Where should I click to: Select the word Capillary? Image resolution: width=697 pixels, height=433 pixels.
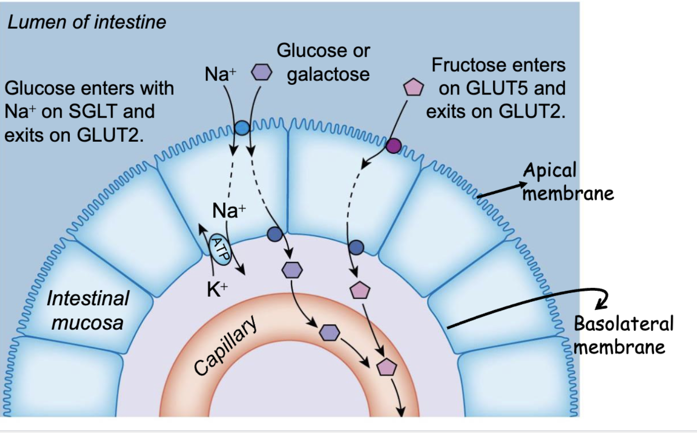click(x=225, y=346)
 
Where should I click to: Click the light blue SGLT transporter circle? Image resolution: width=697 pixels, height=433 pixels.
click(x=242, y=127)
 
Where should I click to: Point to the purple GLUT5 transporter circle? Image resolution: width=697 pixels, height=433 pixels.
click(x=394, y=145)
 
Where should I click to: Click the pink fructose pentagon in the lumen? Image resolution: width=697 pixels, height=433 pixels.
click(x=413, y=88)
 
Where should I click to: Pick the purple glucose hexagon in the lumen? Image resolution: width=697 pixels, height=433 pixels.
click(x=262, y=72)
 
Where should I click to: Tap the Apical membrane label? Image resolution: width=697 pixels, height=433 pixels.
click(x=568, y=182)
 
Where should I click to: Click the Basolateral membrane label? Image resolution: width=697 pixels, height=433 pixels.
click(x=623, y=335)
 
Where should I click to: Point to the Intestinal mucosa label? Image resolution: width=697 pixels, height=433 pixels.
click(x=88, y=311)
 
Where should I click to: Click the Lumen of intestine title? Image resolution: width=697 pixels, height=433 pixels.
click(x=87, y=22)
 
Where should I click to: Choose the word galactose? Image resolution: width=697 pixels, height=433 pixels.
click(x=328, y=74)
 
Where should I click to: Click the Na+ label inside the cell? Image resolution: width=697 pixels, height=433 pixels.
click(x=228, y=211)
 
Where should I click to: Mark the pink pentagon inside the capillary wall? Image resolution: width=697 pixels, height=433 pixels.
click(x=387, y=367)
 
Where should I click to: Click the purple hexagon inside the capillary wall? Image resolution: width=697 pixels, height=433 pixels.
click(x=330, y=332)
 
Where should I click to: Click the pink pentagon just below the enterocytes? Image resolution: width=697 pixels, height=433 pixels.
click(x=360, y=290)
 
